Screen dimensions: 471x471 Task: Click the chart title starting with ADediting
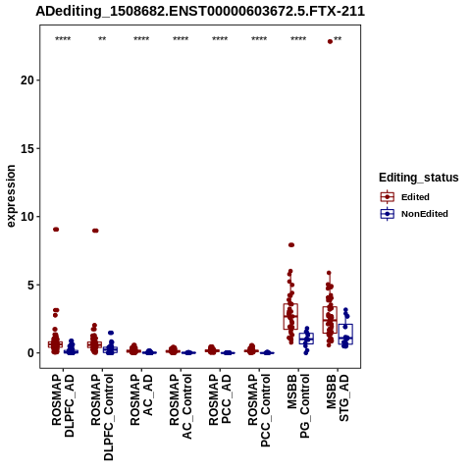(200, 11)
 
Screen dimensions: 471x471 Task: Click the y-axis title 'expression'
(11, 196)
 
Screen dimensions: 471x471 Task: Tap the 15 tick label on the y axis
(27, 148)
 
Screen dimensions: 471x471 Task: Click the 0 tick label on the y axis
(30, 353)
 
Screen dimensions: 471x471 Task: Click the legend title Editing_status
(419, 178)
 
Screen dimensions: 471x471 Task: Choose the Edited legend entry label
(415, 197)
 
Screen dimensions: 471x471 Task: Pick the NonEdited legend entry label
(425, 214)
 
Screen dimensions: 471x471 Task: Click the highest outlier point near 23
(330, 41)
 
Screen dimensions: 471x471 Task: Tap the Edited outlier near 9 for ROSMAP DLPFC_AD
(56, 230)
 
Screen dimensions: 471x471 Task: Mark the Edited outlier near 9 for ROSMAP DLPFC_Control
(95, 231)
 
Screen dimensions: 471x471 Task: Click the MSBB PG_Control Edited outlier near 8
(291, 244)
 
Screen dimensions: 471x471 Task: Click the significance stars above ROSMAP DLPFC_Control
(102, 39)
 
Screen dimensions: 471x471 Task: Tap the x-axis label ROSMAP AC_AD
(141, 399)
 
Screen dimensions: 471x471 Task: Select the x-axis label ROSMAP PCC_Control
(259, 410)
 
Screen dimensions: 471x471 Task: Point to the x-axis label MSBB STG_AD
(338, 397)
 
